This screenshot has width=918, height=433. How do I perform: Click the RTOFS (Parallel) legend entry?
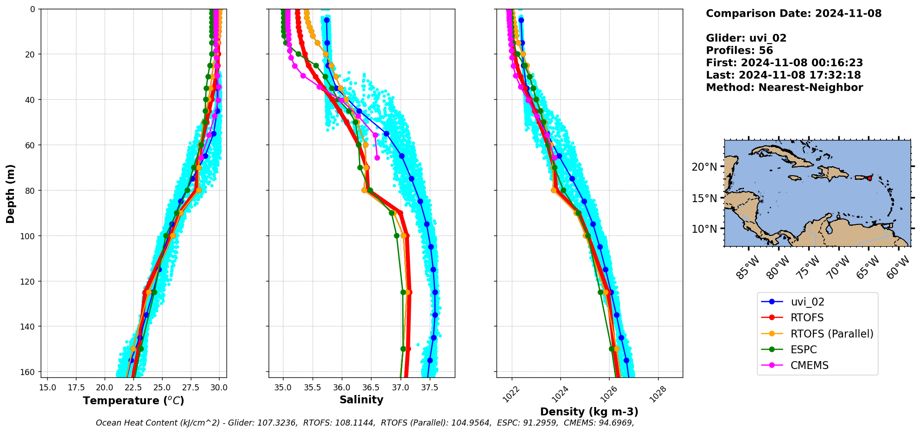[831, 334]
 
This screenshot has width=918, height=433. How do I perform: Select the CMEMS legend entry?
[809, 365]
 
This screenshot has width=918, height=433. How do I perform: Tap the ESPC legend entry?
[804, 350]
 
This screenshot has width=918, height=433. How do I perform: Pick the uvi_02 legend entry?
[807, 302]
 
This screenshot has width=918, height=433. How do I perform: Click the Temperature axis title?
[133, 401]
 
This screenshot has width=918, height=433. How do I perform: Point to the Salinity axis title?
[361, 400]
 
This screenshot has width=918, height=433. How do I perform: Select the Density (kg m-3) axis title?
[589, 412]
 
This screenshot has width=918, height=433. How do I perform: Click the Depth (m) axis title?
[10, 193]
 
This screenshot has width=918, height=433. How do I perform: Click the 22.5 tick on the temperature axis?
[133, 388]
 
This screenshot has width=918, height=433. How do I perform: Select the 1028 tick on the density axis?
[657, 395]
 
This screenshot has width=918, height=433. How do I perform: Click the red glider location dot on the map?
[869, 178]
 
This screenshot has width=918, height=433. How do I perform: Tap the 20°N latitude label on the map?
[704, 167]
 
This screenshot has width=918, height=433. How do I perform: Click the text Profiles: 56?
[739, 51]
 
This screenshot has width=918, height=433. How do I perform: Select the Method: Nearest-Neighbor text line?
[784, 88]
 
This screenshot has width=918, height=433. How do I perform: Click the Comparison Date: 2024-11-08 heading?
[793, 13]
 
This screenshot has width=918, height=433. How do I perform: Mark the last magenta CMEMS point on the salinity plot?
[377, 158]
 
